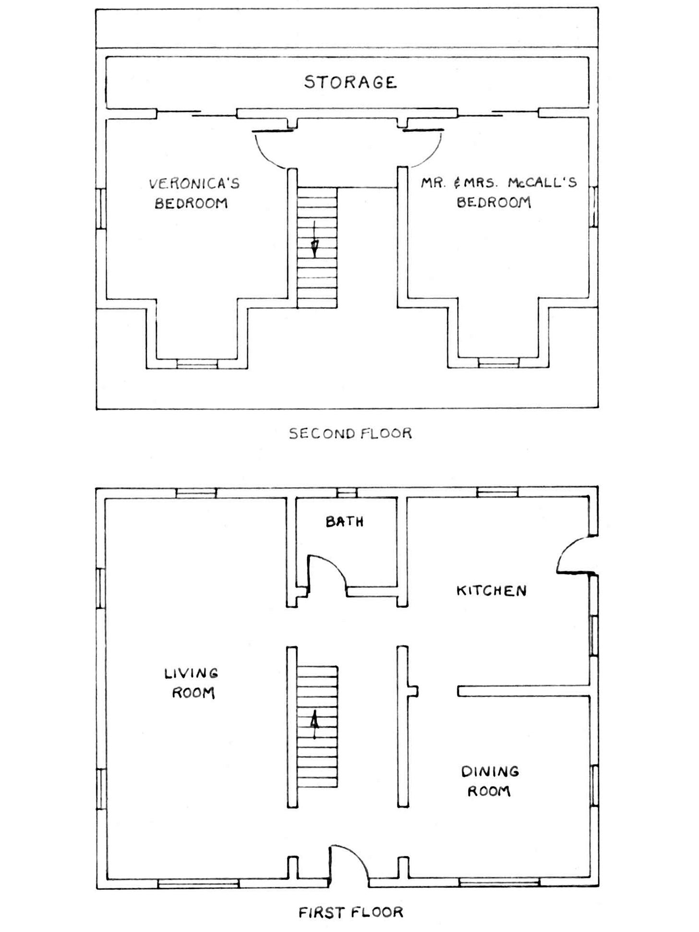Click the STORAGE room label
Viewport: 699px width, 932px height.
click(350, 82)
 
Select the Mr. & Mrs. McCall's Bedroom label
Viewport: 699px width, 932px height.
click(499, 192)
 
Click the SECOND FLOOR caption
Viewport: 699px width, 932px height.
click(350, 433)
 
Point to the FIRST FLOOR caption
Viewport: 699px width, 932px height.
click(350, 911)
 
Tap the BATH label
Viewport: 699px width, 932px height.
click(344, 521)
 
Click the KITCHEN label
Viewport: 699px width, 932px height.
click(491, 590)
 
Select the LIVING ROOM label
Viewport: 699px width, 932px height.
click(192, 683)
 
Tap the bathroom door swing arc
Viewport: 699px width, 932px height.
click(331, 567)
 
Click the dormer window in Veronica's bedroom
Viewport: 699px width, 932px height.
click(197, 364)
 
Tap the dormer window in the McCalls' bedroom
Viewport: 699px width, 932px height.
click(498, 363)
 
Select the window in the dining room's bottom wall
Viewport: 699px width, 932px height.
click(499, 883)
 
